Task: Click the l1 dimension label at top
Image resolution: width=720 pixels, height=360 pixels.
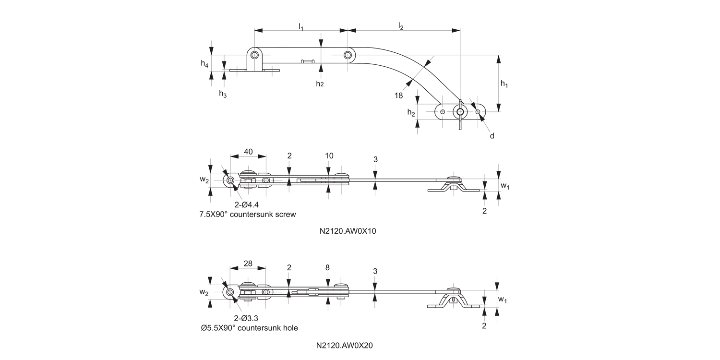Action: point(301,26)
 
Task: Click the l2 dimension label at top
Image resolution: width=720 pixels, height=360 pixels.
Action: point(401,26)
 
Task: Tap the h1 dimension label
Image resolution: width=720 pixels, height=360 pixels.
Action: point(504,84)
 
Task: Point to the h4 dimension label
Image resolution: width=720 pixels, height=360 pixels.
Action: point(204,63)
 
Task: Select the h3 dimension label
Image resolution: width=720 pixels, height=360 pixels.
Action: point(223,94)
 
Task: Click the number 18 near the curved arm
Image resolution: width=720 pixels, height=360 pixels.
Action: point(399,95)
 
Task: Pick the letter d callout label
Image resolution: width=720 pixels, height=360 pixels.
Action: point(492,136)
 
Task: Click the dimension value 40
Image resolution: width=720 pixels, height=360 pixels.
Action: point(248,152)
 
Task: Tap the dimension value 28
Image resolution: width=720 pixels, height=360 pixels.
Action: point(248,264)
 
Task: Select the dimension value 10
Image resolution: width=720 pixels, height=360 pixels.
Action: point(329,156)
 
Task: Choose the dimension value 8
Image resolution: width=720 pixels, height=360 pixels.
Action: point(327,268)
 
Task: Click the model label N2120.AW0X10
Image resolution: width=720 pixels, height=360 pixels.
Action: point(348,231)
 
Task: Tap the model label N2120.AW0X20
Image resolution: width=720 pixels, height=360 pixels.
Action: point(348,345)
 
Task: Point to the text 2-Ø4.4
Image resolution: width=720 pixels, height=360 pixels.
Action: point(247,205)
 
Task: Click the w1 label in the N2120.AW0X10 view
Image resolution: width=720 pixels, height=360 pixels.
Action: point(504,185)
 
